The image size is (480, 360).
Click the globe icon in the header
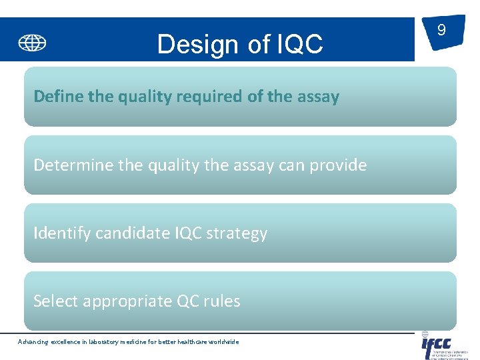pyautogui.click(x=32, y=43)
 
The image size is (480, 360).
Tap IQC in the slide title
pyautogui.click(x=298, y=45)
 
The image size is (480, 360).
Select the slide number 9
pyautogui.click(x=441, y=30)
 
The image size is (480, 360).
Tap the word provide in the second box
pyautogui.click(x=339, y=165)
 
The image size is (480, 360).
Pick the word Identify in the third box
pyautogui.click(x=60, y=233)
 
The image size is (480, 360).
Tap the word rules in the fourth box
pyautogui.click(x=222, y=301)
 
